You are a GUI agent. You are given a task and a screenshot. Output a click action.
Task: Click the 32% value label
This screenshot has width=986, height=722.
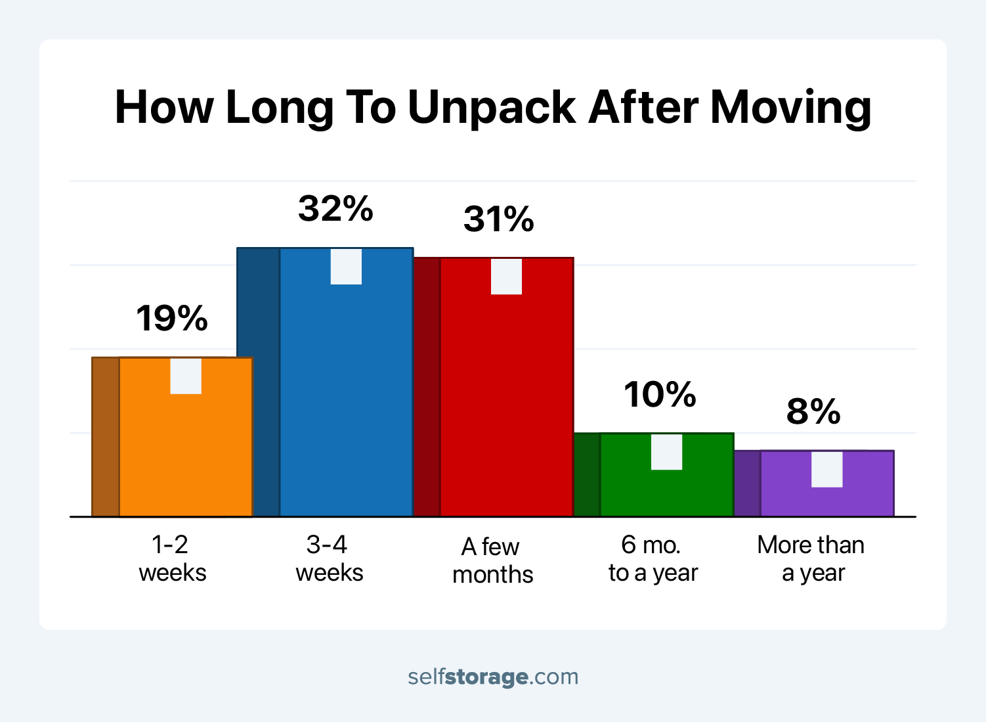335,209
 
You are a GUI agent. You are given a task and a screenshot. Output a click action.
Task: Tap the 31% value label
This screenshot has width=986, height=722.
499,219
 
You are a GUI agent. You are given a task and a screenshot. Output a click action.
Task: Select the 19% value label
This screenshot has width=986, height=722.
172,319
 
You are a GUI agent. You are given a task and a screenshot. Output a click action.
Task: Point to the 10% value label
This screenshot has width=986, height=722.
660,395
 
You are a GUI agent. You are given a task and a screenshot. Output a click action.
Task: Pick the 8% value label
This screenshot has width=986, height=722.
813,412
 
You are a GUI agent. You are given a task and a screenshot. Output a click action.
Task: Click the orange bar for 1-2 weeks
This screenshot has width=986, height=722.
186,453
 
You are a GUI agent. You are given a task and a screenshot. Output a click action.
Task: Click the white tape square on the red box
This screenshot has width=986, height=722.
507,277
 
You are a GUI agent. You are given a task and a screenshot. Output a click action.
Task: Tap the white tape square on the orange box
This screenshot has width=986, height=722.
186,376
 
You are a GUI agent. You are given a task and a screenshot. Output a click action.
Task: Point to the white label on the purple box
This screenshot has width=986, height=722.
827,469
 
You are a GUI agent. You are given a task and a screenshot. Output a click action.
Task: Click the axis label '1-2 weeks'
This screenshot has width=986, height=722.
172,558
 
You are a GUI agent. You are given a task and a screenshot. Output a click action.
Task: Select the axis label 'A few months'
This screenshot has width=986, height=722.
492,560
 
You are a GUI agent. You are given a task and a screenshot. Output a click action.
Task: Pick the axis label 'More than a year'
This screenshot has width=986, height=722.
811,558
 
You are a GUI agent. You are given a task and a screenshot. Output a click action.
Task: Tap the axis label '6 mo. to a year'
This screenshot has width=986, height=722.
653,558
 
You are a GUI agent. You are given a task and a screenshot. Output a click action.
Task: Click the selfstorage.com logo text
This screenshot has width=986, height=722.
493,677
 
